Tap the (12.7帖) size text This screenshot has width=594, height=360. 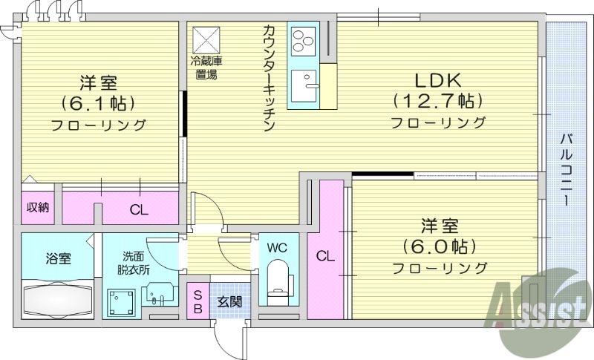point(438,100)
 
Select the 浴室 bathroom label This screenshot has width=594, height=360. point(58,259)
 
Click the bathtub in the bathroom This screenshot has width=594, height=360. point(58,298)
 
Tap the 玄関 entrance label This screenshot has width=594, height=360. point(229,302)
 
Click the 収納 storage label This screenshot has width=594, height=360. point(38,207)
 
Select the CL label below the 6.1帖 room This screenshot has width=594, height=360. point(139,209)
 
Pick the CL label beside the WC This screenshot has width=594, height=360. point(324,257)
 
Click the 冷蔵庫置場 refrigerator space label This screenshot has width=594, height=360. point(206,68)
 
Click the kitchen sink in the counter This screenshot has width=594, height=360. point(304,88)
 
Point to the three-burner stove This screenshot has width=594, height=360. point(304,41)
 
